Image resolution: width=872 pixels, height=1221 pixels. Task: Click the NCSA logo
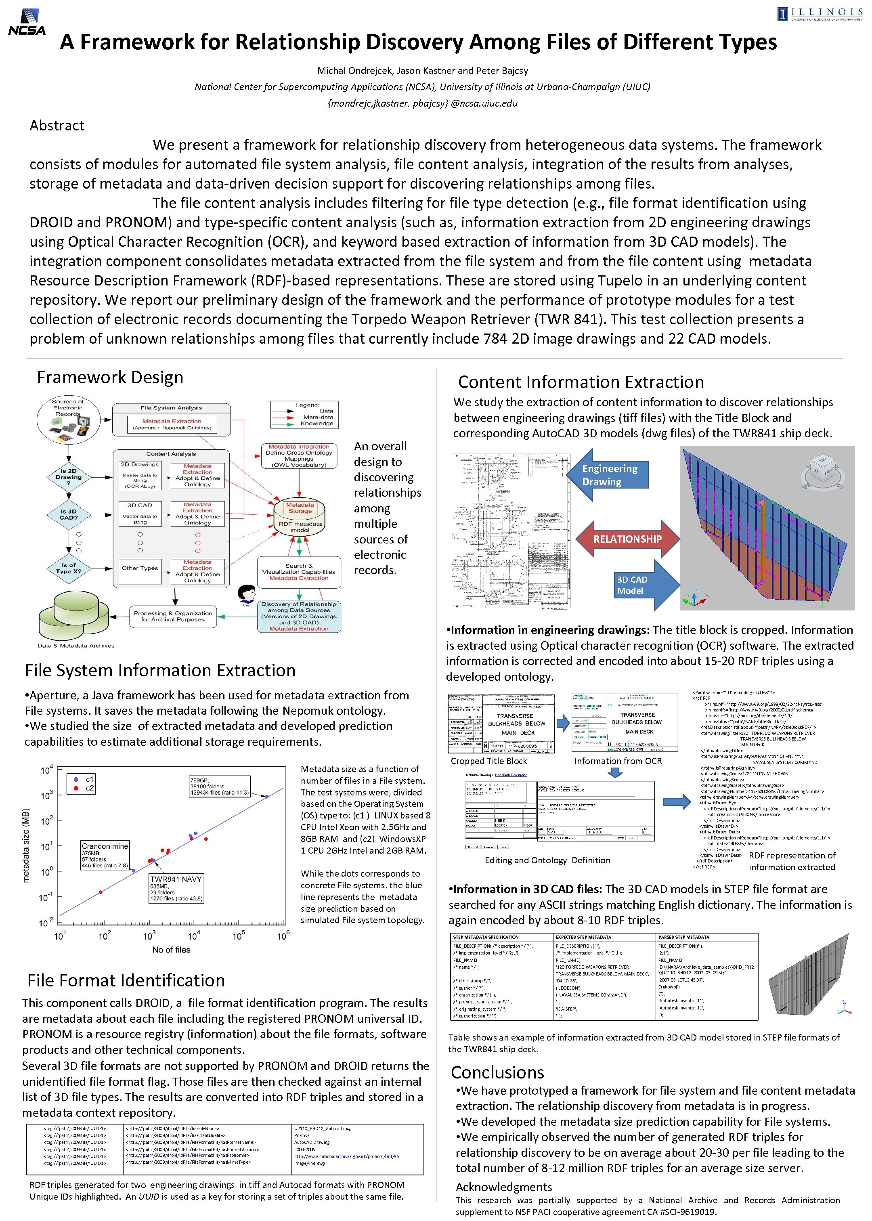(x=27, y=23)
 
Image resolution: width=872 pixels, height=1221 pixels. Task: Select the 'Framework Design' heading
(x=110, y=378)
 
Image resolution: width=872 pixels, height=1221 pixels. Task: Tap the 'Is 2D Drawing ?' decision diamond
(x=68, y=477)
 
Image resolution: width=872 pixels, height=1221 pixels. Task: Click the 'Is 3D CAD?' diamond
(x=69, y=515)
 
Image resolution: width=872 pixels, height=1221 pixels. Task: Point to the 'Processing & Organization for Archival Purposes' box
(x=173, y=617)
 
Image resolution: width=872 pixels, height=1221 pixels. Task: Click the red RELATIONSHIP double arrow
(x=627, y=539)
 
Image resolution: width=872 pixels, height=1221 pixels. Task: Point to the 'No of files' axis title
(x=171, y=950)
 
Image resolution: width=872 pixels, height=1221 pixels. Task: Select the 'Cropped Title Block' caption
(x=488, y=761)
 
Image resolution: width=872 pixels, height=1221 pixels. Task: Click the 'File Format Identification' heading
(x=126, y=980)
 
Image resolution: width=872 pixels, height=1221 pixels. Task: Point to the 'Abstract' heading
(x=57, y=126)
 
